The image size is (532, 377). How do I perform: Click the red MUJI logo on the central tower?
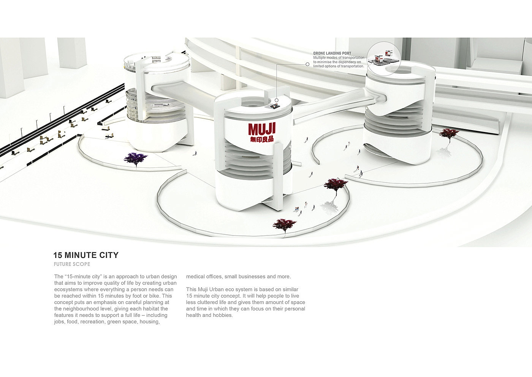coord(262,129)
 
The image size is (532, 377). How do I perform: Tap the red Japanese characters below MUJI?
coord(262,139)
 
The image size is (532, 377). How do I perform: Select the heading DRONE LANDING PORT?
coord(332,54)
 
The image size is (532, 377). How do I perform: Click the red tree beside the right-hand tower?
coord(449,134)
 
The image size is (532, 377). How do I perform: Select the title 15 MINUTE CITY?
coord(86,255)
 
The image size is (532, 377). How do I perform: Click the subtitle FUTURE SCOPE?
coord(72,264)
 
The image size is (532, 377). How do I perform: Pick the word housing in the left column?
coord(149,322)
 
